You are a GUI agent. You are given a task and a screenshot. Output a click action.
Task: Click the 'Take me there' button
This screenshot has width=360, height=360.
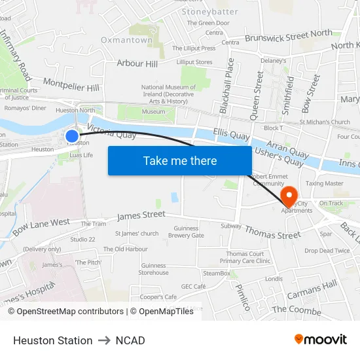(x=180, y=161)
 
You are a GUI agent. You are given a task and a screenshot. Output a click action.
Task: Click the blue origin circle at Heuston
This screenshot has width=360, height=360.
(x=72, y=136)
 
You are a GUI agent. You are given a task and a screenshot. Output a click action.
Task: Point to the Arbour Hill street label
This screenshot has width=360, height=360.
(x=137, y=63)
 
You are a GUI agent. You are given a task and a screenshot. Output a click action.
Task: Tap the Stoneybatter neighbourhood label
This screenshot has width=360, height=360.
(x=210, y=11)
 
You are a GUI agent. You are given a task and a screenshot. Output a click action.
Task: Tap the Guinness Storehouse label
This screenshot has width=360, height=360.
(x=154, y=269)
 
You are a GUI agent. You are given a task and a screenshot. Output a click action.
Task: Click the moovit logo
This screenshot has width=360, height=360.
(x=320, y=340)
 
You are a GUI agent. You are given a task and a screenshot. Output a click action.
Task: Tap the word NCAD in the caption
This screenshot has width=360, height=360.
(x=130, y=340)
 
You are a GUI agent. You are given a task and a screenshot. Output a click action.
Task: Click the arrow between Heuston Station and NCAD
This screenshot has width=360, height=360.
(x=104, y=340)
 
